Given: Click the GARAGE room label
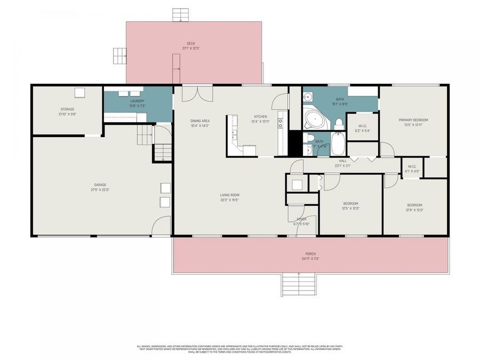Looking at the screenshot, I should click(x=100, y=185).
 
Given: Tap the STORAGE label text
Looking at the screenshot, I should click(x=67, y=109).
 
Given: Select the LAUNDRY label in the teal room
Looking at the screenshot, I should click(x=138, y=101).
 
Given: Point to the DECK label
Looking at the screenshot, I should click(x=190, y=44).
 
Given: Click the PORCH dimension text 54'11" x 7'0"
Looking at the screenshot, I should click(x=310, y=259).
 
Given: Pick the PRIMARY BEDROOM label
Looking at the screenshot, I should click(x=413, y=120).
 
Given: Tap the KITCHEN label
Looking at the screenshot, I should click(x=260, y=116).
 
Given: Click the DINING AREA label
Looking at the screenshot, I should click(x=199, y=121).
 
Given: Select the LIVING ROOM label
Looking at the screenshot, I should click(x=229, y=195).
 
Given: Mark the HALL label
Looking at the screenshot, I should click(x=342, y=160).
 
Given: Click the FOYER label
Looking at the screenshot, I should click(x=301, y=219).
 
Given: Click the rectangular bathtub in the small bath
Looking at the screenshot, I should click(x=338, y=145).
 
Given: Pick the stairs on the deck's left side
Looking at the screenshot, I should click(x=118, y=55).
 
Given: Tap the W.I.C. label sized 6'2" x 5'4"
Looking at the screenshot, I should click(x=362, y=128).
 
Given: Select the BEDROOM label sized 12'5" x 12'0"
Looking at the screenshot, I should click(x=350, y=205).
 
